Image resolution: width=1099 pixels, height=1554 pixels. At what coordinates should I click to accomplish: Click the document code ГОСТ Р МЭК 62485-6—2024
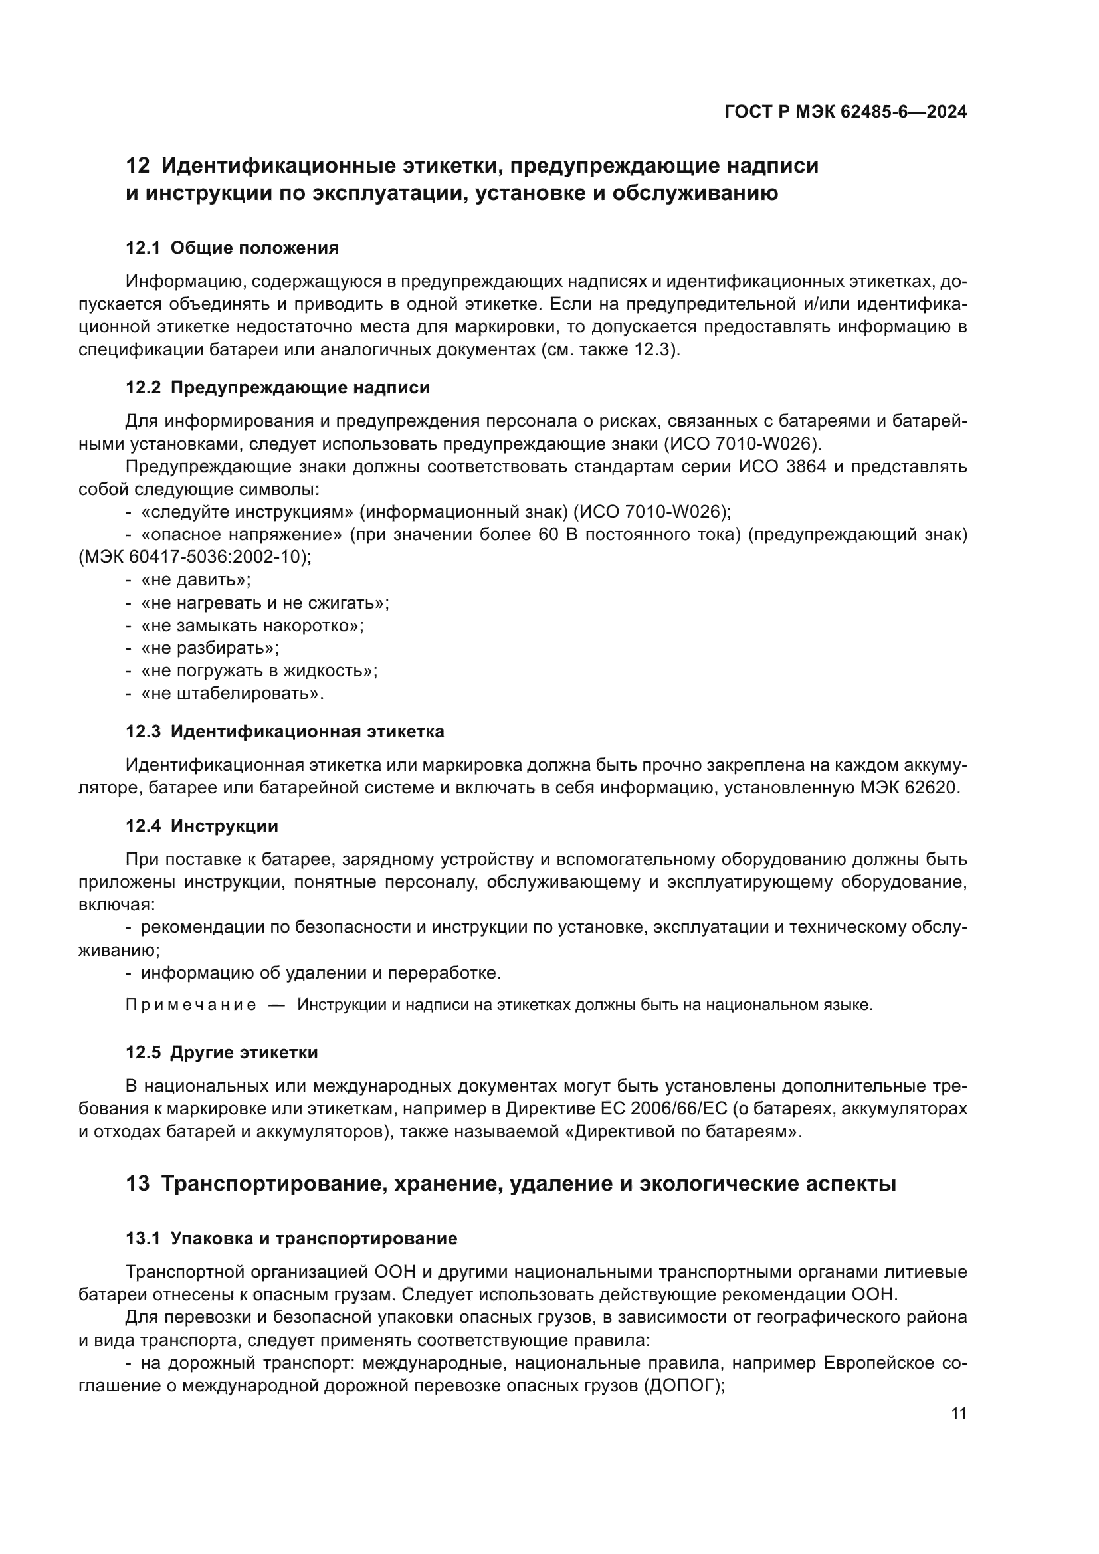click(845, 112)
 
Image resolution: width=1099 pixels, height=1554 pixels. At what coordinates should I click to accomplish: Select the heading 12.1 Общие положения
click(232, 248)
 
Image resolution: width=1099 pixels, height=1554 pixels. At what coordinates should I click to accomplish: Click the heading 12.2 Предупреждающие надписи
click(278, 388)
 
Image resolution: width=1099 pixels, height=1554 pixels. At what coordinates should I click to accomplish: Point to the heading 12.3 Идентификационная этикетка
click(285, 731)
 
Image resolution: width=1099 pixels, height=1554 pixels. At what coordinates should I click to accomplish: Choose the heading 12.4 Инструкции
click(202, 826)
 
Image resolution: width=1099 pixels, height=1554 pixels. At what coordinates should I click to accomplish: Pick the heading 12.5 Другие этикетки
click(221, 1052)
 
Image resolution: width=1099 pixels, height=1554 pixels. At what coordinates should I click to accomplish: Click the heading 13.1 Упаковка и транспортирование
click(292, 1238)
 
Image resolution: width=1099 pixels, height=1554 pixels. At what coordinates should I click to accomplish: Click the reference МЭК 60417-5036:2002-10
click(195, 557)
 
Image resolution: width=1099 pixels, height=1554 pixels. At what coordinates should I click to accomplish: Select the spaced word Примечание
click(190, 1005)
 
